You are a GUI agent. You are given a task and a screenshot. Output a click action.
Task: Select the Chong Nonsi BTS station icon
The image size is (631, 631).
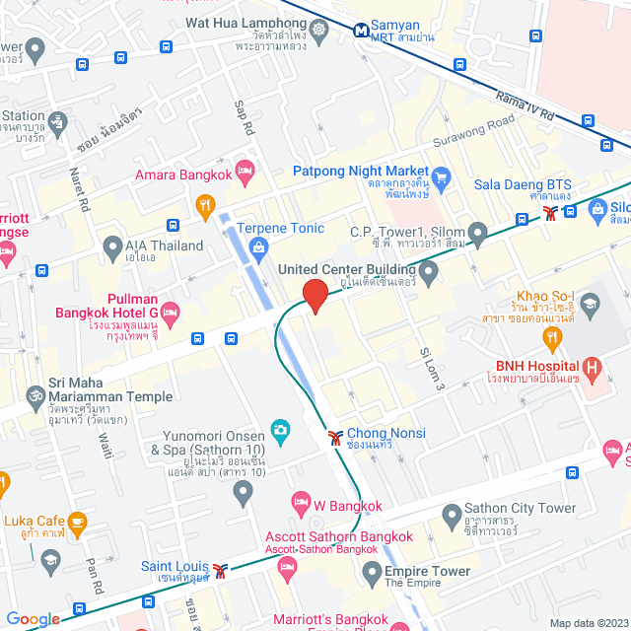(335, 434)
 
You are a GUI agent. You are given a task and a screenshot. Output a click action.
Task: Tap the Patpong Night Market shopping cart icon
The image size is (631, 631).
(441, 177)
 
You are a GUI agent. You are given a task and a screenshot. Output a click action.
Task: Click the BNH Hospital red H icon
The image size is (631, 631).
(592, 371)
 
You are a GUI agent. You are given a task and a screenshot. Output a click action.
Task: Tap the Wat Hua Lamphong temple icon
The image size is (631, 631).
(321, 33)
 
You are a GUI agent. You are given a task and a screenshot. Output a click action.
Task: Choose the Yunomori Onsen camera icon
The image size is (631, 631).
(280, 431)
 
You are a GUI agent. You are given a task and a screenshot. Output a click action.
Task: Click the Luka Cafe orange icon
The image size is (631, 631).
(76, 521)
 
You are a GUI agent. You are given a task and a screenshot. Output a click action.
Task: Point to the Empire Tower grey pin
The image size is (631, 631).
(372, 571)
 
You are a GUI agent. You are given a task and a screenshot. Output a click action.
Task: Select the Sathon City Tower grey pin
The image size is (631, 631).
(451, 514)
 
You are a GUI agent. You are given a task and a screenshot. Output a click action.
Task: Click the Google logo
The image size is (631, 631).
(33, 619)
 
